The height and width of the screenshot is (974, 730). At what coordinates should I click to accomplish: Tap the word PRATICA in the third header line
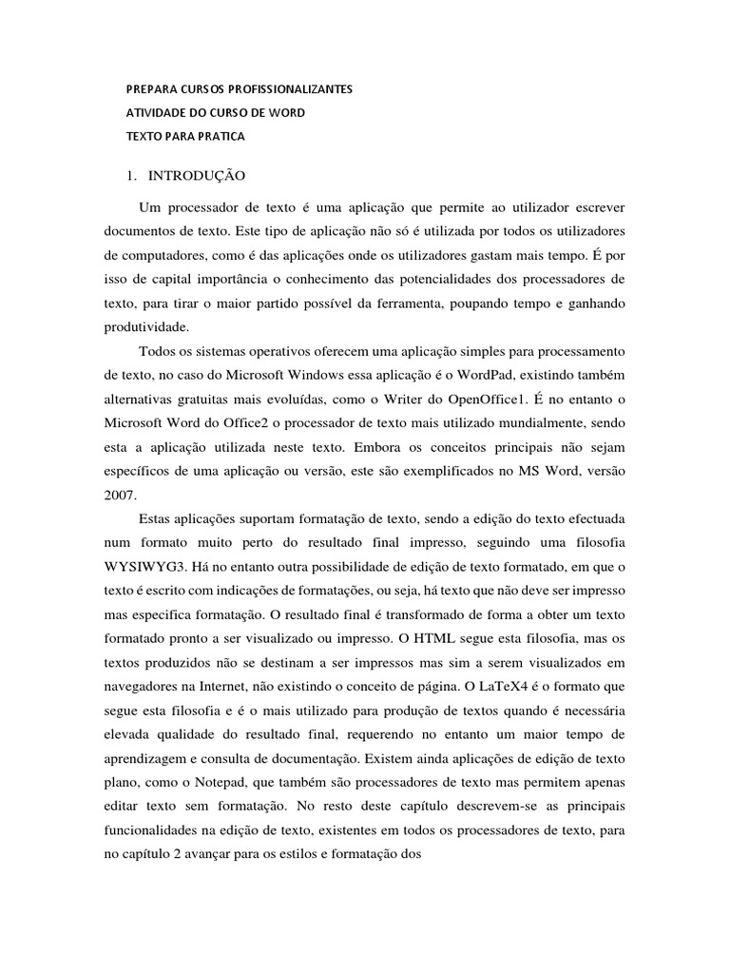pos(221,137)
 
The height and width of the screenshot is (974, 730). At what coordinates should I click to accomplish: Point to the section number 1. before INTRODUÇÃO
pos(132,177)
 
